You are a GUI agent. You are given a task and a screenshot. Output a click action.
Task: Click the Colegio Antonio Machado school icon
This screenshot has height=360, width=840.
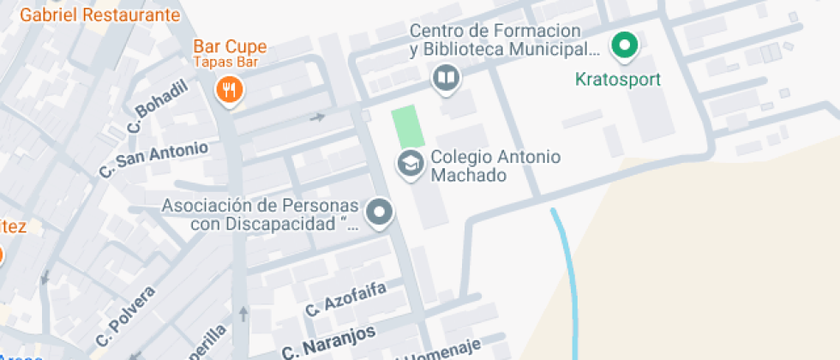pos(410,163)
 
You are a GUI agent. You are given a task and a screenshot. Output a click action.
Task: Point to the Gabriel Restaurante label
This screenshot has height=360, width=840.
pos(100,15)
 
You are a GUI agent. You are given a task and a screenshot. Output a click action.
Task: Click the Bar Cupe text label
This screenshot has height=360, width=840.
pos(230,46)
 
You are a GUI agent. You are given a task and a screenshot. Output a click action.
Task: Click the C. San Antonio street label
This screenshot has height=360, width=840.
pos(153,159)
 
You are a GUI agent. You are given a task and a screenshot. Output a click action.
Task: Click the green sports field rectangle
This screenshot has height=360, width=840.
pos(408,126)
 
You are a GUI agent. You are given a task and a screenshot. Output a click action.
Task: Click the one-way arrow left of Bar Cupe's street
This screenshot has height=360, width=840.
pos(318,117)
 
